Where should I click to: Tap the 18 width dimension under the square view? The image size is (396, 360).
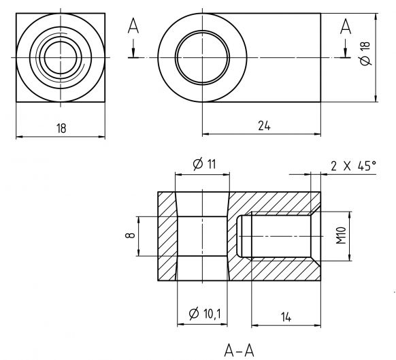(x=61, y=128)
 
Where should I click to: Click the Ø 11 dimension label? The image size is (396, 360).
(x=203, y=165)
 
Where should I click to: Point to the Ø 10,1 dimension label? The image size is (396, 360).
(x=203, y=313)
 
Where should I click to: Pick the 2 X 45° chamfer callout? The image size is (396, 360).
(x=352, y=165)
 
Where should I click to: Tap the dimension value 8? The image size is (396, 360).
(x=130, y=235)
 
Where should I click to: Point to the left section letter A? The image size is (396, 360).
(x=133, y=27)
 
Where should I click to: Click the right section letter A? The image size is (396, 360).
(x=345, y=27)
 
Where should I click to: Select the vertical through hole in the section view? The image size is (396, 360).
(x=201, y=235)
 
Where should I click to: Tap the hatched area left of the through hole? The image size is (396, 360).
(x=167, y=235)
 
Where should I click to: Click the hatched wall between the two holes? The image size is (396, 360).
(x=233, y=235)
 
